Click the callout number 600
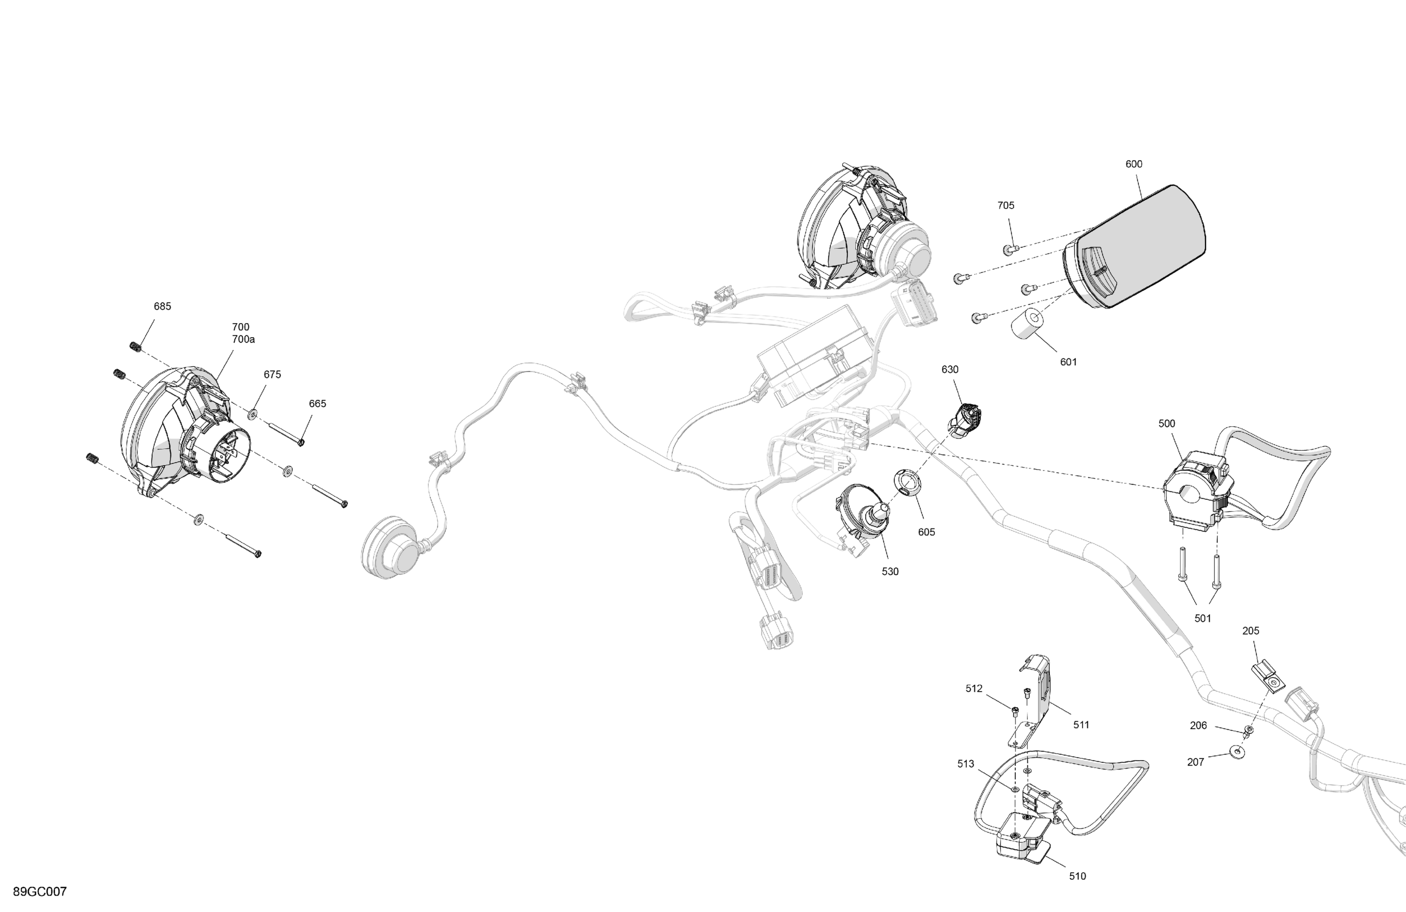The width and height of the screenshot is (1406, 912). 1134,164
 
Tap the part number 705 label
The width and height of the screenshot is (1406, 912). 1005,206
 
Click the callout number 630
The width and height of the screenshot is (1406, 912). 950,370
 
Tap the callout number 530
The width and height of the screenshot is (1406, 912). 890,572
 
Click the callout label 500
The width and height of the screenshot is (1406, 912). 1167,424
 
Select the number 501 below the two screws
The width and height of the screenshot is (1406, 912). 1203,619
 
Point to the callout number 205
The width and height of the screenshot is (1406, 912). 1250,631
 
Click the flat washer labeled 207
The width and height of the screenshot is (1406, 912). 1236,752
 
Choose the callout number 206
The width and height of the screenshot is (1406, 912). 1198,726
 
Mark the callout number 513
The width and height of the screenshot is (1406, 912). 965,764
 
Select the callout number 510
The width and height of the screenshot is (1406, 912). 1077,876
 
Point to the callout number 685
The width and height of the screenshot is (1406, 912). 163,307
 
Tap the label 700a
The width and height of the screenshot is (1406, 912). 243,340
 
